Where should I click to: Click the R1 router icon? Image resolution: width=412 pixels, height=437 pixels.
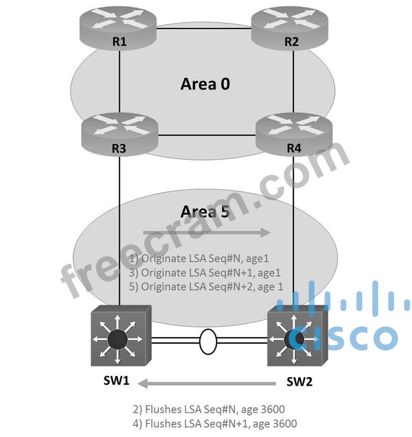[x=118, y=28]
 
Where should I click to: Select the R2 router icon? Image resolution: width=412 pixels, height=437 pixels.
[x=290, y=28]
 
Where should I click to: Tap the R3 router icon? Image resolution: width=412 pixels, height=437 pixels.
[x=120, y=135]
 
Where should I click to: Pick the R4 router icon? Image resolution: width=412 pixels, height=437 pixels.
[x=294, y=135]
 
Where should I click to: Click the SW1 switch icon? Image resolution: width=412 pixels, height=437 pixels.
[x=121, y=336]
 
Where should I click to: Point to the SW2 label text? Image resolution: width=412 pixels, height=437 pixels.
[x=300, y=381]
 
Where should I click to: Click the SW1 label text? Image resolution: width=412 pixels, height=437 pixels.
[x=116, y=380]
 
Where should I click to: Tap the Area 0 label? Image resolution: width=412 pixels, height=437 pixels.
[x=206, y=84]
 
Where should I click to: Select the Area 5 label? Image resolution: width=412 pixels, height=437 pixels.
[x=206, y=211]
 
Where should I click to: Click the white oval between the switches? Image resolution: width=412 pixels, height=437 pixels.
[x=208, y=342]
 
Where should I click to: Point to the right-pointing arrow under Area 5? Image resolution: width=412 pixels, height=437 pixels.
[x=207, y=232]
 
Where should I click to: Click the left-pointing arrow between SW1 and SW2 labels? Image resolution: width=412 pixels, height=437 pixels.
[x=206, y=383]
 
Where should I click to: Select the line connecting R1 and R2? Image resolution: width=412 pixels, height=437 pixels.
[x=204, y=28]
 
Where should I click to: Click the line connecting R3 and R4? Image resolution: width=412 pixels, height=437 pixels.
[x=207, y=135]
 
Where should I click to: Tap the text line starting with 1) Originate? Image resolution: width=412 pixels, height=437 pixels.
[x=199, y=259]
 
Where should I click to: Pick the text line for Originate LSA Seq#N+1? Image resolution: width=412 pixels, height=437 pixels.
[x=205, y=273]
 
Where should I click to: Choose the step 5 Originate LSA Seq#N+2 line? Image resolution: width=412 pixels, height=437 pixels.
[x=206, y=287]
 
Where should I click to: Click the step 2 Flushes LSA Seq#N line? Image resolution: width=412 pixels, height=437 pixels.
[x=209, y=409]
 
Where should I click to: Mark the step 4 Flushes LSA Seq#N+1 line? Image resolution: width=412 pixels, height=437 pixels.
[x=215, y=424]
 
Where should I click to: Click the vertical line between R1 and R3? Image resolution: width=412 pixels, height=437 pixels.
[x=120, y=82]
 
